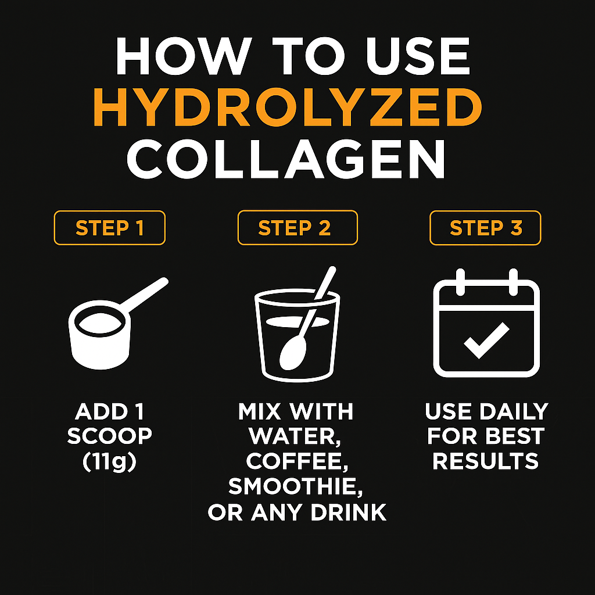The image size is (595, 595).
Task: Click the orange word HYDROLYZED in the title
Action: tap(288, 108)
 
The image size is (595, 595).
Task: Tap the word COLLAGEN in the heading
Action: tap(286, 159)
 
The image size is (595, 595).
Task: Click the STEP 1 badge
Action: tap(109, 228)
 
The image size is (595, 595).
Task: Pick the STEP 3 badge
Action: tap(485, 228)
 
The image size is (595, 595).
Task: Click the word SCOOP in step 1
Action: tap(110, 436)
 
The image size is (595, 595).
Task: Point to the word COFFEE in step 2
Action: tap(296, 462)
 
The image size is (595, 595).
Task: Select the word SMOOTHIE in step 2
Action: tap(296, 487)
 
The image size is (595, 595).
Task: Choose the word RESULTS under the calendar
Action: tap(486, 461)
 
